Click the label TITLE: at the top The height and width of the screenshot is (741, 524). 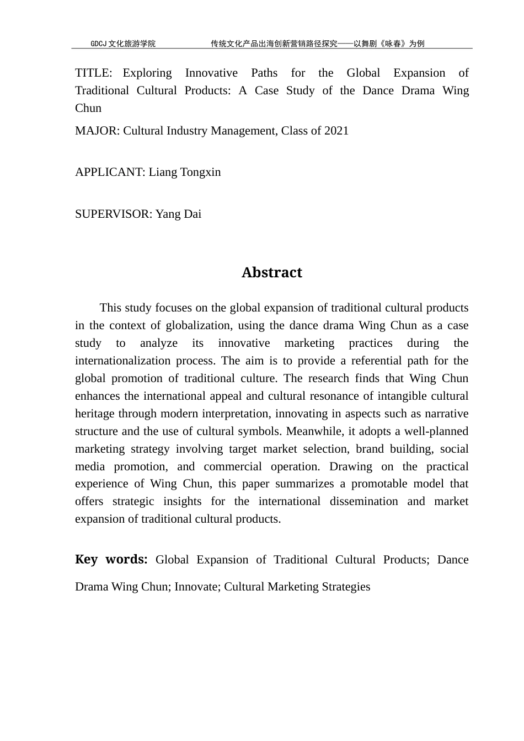[94, 73]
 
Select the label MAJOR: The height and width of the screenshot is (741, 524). [97, 131]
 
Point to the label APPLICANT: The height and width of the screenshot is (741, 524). [110, 173]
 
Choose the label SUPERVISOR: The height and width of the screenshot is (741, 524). [114, 214]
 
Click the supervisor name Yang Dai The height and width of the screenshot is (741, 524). [179, 214]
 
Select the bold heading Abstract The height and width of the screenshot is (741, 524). [271, 273]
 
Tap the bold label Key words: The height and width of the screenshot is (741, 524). [111, 560]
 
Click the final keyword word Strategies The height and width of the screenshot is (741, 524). [343, 587]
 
